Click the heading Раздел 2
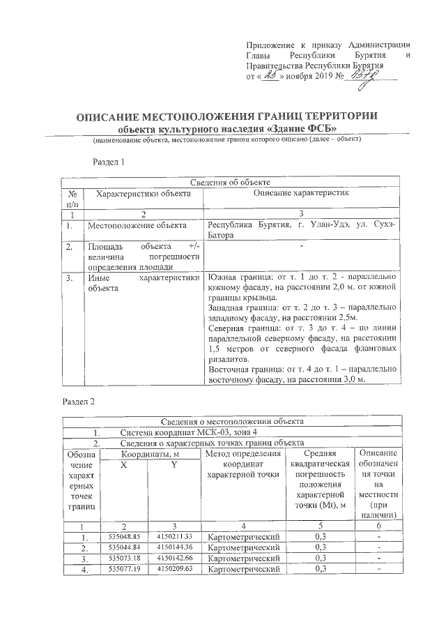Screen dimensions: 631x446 click(x=78, y=402)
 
